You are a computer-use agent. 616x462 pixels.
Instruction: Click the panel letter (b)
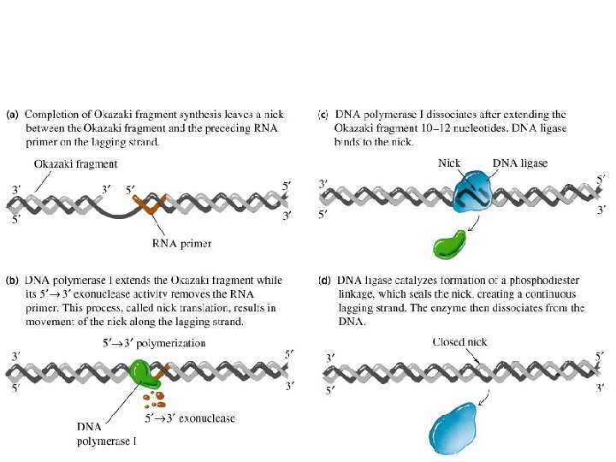pos(13,280)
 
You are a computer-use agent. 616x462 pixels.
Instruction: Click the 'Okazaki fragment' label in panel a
pos(76,163)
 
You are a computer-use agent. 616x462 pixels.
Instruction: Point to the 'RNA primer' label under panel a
pos(182,243)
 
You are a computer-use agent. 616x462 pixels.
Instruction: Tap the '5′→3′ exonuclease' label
pos(191,418)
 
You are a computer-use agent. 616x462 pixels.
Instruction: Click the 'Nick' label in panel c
pos(450,163)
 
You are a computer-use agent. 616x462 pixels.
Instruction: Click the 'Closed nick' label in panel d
pos(460,341)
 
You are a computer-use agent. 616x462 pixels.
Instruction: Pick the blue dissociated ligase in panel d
pos(453,428)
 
